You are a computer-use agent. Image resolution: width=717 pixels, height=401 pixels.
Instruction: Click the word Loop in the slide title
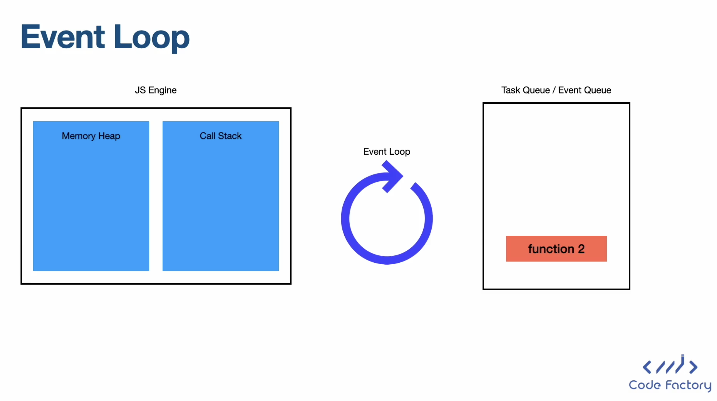pyautogui.click(x=152, y=39)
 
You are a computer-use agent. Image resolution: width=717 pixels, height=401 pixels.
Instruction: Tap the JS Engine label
pyautogui.click(x=156, y=90)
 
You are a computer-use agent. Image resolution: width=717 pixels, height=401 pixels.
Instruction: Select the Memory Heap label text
pyautogui.click(x=91, y=136)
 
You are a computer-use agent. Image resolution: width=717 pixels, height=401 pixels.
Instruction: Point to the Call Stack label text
pyautogui.click(x=221, y=136)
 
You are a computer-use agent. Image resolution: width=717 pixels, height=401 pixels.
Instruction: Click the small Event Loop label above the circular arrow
pyautogui.click(x=387, y=152)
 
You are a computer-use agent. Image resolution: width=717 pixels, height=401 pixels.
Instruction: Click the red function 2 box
pyautogui.click(x=556, y=248)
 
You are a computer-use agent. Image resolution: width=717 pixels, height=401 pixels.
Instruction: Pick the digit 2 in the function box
pyautogui.click(x=581, y=248)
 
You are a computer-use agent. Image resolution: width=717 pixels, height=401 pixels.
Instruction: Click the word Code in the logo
pyautogui.click(x=645, y=385)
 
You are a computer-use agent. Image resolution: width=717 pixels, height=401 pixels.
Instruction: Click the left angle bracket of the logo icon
pyautogui.click(x=647, y=367)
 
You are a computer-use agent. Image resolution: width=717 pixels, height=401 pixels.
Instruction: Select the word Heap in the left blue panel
pyautogui.click(x=109, y=136)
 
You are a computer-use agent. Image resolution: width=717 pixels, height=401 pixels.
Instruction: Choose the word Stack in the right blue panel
pyautogui.click(x=230, y=136)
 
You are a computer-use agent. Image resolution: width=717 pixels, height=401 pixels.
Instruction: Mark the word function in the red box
pyautogui.click(x=551, y=248)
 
